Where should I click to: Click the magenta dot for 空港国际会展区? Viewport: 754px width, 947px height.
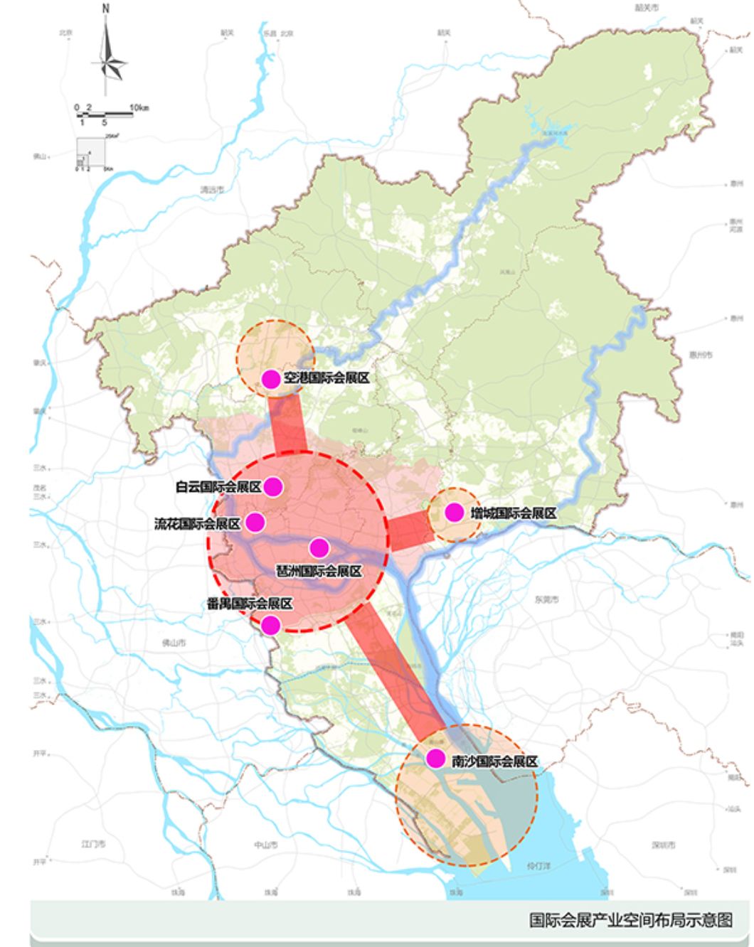(x=271, y=379)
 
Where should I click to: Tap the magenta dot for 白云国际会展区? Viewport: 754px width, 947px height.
(x=273, y=487)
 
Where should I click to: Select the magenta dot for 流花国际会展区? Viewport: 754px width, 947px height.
(x=255, y=523)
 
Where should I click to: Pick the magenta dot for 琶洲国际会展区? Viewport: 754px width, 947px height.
(x=319, y=547)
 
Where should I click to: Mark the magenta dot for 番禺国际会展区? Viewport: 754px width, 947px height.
(x=270, y=625)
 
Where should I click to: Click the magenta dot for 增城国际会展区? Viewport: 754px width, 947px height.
(x=454, y=512)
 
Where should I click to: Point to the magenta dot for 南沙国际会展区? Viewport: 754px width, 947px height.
(x=435, y=759)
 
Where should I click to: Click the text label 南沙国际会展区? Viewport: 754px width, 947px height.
(x=494, y=761)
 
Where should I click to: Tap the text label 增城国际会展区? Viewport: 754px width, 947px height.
(x=513, y=513)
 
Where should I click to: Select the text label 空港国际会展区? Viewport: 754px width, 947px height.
(x=326, y=379)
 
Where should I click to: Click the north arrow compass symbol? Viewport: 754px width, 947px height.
(x=107, y=53)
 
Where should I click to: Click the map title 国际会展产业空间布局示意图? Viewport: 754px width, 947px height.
(x=630, y=920)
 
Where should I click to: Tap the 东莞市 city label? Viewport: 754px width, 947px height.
(x=546, y=599)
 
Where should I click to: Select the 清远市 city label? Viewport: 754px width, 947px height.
(x=212, y=190)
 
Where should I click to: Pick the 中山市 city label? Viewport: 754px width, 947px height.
(x=265, y=845)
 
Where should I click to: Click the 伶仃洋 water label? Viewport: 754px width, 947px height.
(x=538, y=866)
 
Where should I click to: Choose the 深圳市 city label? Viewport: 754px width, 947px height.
(x=663, y=845)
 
